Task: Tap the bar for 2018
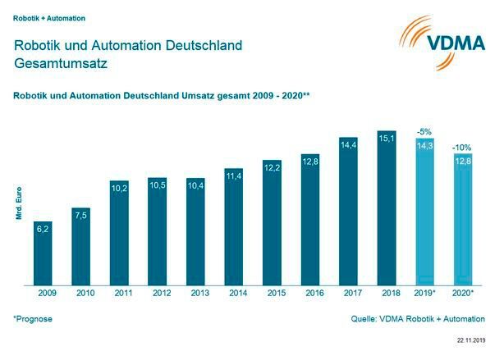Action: [387, 208]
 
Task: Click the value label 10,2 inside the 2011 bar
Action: [119, 188]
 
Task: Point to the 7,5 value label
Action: [80, 216]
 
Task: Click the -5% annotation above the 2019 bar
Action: [424, 131]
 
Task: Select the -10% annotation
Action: [462, 148]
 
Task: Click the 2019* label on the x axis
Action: [425, 292]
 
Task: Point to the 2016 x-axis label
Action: [310, 292]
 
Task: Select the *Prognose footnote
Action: [33, 318]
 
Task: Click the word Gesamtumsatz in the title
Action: [59, 62]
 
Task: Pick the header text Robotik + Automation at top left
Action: [48, 17]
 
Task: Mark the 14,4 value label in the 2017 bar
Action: [348, 145]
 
